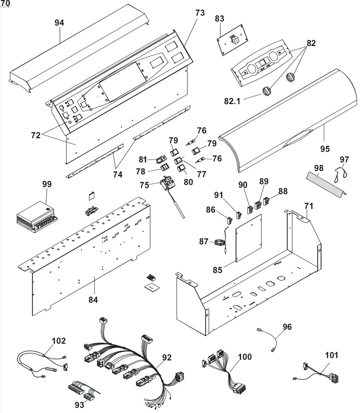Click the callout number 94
coord(59,23)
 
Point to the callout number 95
coord(325,148)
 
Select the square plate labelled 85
coord(249,239)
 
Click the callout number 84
coord(93,300)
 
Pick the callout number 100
coord(244,357)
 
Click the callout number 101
coord(332,355)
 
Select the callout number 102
coord(58,340)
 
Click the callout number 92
coord(167,358)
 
